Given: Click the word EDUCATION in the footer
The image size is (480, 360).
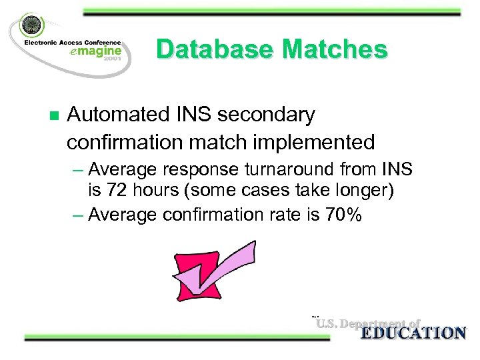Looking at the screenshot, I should coord(413,333).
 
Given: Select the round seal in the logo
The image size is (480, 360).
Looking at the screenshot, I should coord(30,26).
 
